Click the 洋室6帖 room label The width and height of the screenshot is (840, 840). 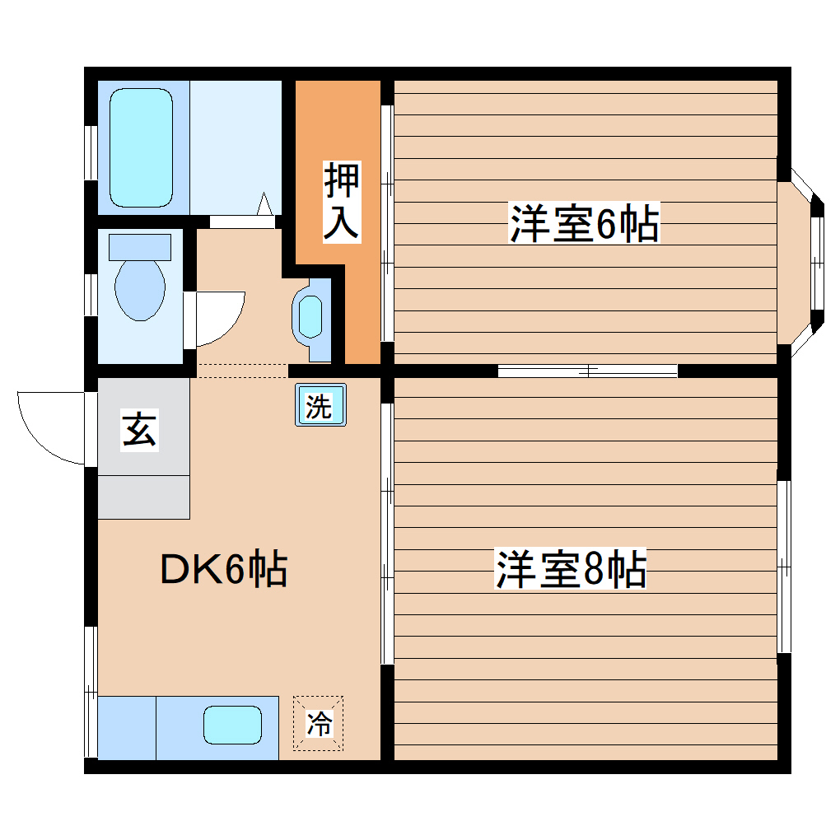(584, 224)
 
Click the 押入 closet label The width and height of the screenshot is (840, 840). (341, 202)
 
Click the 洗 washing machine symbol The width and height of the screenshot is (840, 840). (320, 405)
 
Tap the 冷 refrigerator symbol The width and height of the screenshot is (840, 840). (319, 724)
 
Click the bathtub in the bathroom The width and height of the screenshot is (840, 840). (142, 148)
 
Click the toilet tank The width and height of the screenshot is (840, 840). (140, 246)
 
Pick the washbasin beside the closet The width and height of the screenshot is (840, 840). (310, 317)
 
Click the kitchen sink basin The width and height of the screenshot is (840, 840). (233, 726)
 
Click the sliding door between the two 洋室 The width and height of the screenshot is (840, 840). (588, 371)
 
